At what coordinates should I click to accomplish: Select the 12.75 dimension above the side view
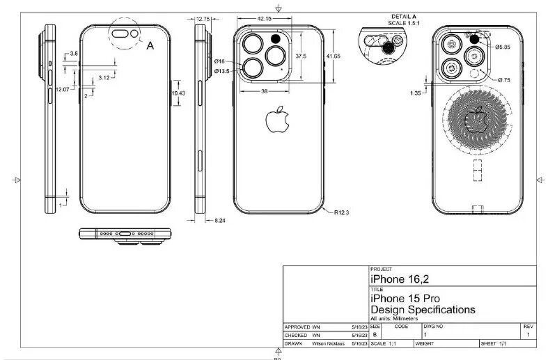point(203,19)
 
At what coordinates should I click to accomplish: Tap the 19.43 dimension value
point(178,93)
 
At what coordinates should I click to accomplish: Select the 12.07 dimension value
point(63,89)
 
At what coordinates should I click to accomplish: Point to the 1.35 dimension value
point(416,92)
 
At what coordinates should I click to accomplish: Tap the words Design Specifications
point(423,308)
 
